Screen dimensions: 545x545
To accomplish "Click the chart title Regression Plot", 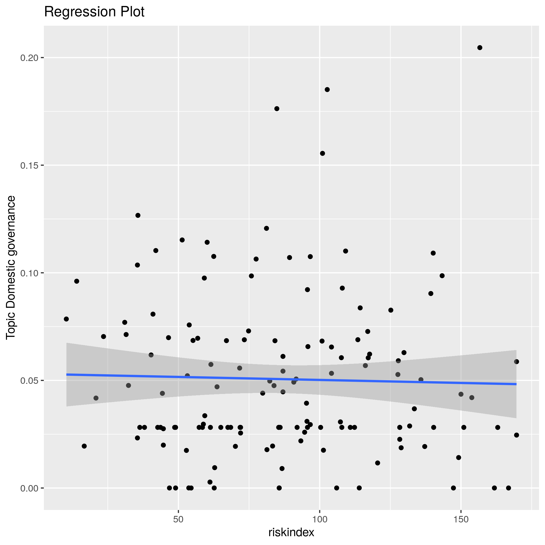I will [94, 12].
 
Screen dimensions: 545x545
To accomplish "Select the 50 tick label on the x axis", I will [178, 520].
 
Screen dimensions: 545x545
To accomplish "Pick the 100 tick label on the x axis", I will [320, 520].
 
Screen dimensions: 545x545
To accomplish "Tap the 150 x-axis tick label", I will [461, 520].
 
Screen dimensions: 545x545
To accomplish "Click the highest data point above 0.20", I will [480, 48].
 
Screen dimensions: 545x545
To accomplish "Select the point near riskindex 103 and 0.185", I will [327, 90].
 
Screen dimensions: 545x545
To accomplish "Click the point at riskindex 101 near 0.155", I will [322, 153].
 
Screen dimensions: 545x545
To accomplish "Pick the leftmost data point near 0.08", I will [66, 319].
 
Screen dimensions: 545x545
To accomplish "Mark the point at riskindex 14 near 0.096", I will [77, 281].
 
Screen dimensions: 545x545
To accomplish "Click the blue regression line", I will [291, 379].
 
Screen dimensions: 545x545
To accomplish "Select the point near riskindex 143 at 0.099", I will [442, 276].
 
